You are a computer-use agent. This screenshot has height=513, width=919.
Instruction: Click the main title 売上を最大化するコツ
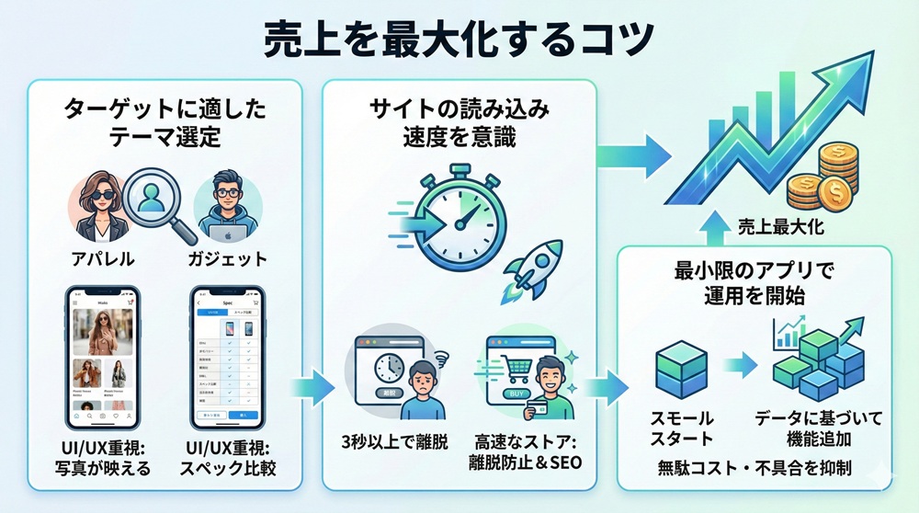[459, 39]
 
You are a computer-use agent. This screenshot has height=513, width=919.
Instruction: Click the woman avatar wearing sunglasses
[99, 207]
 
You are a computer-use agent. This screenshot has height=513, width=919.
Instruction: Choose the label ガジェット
[227, 257]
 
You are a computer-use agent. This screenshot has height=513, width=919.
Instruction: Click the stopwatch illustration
[453, 211]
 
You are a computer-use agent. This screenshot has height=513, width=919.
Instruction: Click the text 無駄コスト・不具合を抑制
[754, 468]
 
